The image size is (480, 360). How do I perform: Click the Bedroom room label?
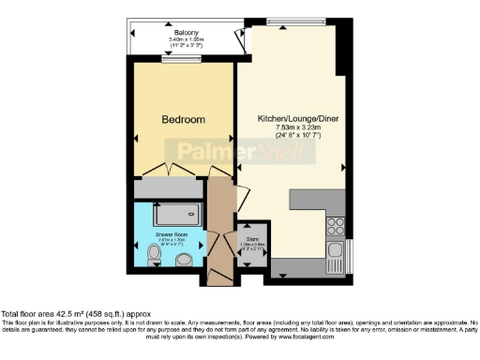pos(182,121)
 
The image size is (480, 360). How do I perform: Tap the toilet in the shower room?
pos(155,252)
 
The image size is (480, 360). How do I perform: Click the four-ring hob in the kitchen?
pos(335,225)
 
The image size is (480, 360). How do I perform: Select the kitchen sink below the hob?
pos(335,250)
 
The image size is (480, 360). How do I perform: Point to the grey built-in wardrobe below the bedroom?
pos(170,188)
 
